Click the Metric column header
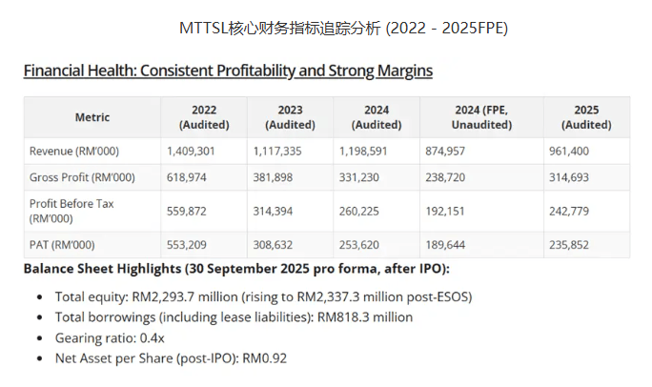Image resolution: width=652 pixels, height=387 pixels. (x=92, y=117)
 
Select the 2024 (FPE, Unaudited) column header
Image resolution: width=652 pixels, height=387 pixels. (x=480, y=117)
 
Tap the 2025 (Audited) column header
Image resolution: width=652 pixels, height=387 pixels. (x=586, y=117)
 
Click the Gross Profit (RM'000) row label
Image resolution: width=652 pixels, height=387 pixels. (x=82, y=177)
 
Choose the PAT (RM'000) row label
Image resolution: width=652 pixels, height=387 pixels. (x=62, y=245)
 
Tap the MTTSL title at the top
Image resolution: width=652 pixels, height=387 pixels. (x=344, y=29)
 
